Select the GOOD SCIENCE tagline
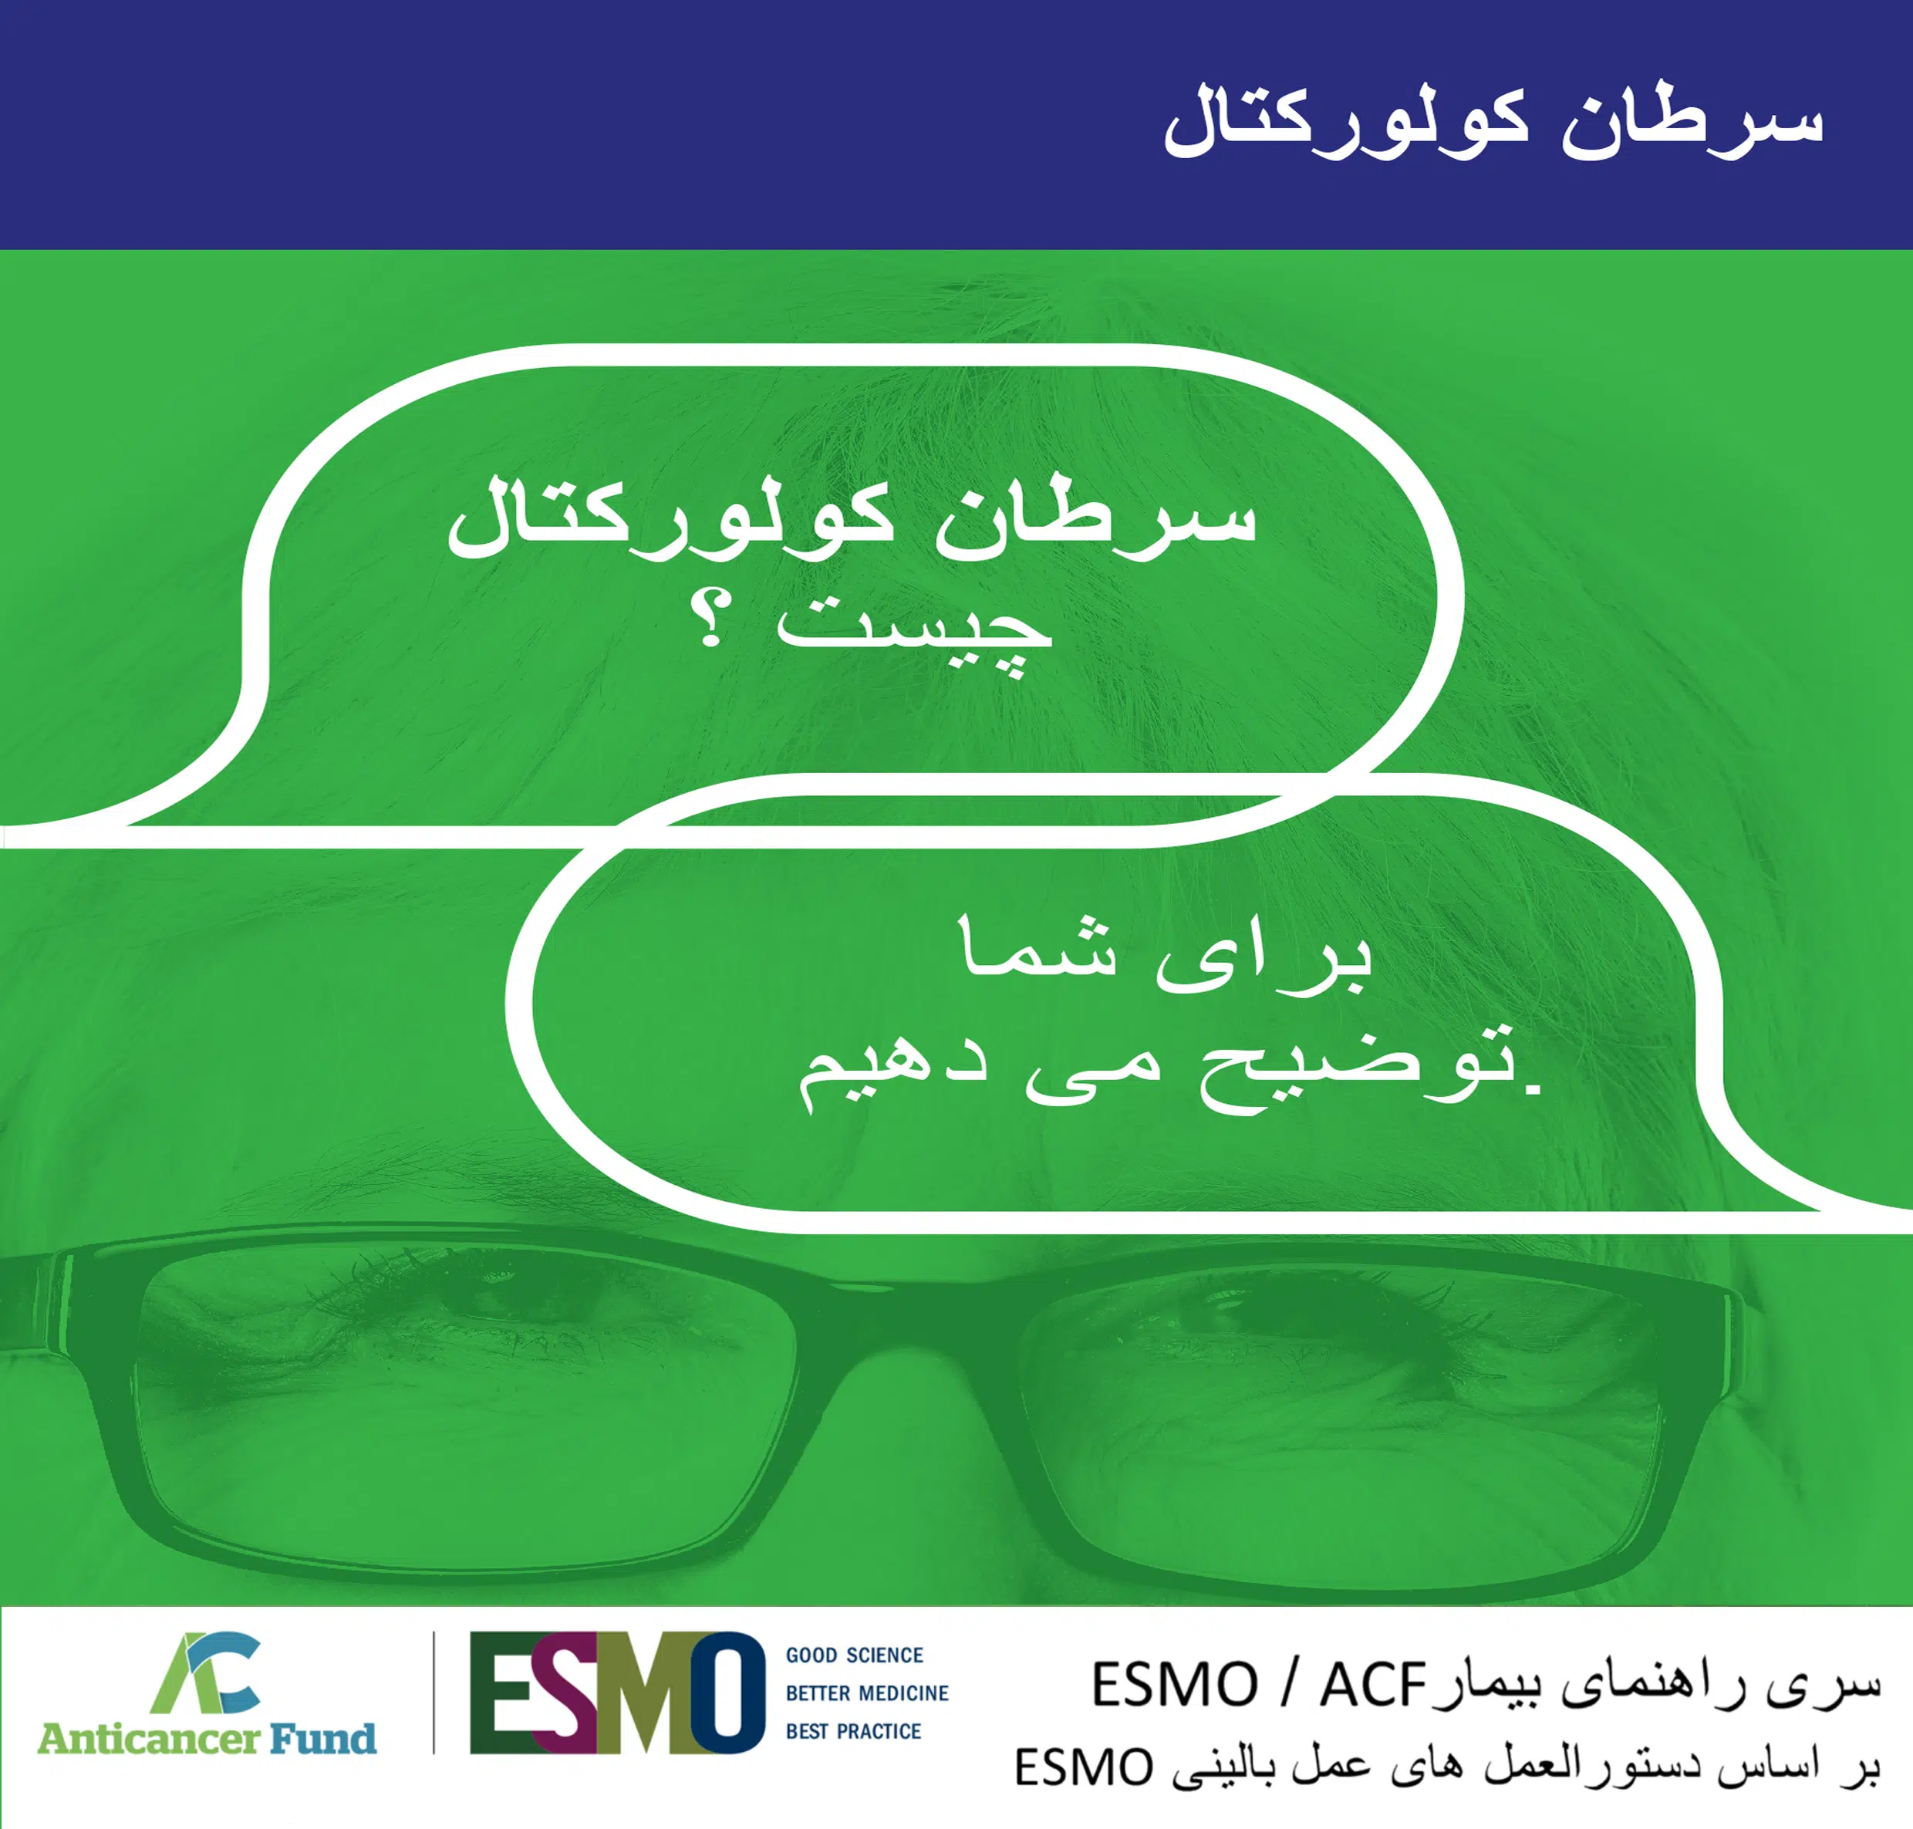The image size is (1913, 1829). click(854, 1655)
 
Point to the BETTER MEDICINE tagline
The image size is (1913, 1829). click(867, 1693)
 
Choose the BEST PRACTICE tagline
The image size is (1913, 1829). click(853, 1732)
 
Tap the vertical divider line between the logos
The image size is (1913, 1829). click(434, 1693)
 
